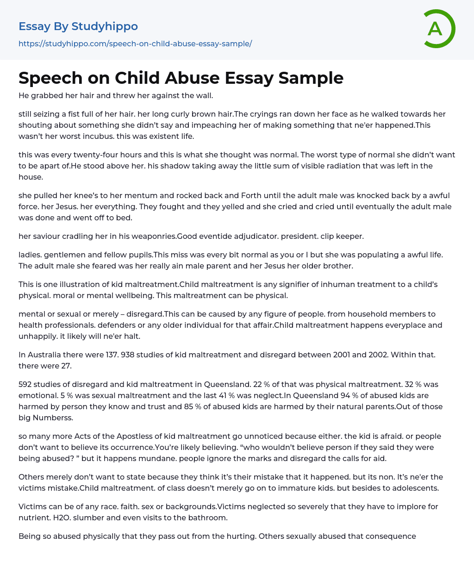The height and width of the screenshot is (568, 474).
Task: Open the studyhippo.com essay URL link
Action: (135, 44)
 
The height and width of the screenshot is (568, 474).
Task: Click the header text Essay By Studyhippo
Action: (78, 26)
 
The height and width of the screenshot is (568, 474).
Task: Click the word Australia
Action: (46, 355)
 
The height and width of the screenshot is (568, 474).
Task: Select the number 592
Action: (25, 384)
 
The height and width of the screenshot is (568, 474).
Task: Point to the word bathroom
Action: (207, 518)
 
